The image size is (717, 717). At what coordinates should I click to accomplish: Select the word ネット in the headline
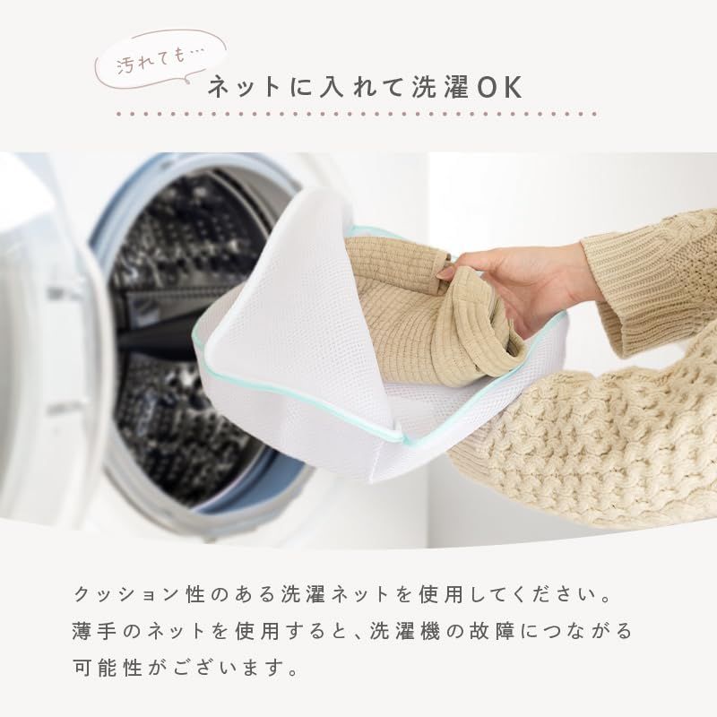243,87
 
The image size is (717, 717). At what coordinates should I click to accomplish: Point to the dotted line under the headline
357,114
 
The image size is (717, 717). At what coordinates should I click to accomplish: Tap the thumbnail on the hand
444,273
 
